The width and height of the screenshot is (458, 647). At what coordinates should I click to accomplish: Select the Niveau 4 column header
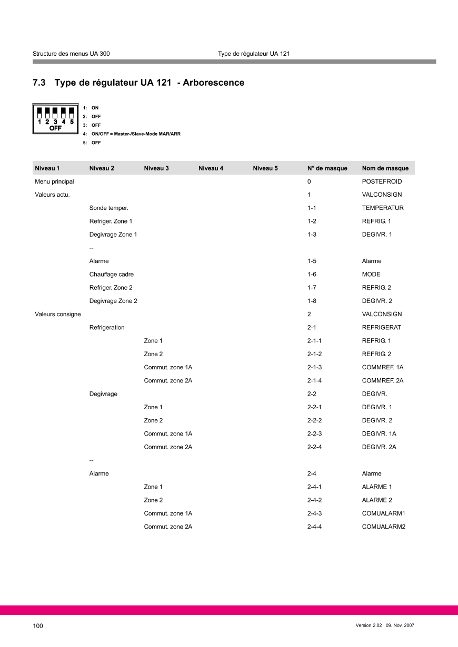click(211, 168)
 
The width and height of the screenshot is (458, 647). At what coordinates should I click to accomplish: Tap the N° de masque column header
click(327, 168)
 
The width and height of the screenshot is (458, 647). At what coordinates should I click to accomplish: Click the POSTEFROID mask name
click(382, 181)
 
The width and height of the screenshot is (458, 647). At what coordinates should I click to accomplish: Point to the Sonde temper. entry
click(109, 208)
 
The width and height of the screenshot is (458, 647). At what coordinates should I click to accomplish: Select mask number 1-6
click(312, 275)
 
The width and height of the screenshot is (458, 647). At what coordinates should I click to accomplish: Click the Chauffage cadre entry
click(112, 275)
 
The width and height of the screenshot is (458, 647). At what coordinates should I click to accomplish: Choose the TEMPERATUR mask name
click(383, 208)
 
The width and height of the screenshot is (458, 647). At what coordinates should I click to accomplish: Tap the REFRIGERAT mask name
click(382, 328)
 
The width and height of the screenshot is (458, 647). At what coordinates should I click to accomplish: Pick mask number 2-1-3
click(314, 367)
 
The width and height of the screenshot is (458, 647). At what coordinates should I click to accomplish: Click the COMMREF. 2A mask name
click(383, 380)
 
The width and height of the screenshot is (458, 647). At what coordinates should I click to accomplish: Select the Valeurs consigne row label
click(58, 314)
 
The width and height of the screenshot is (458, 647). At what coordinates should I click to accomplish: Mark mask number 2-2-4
click(314, 447)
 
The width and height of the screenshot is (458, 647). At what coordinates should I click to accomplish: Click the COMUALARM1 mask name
click(384, 513)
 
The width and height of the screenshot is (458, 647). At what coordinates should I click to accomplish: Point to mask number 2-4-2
click(314, 500)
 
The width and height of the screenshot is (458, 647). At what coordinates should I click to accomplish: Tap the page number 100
click(38, 626)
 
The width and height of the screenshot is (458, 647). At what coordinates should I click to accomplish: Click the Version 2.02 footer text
click(369, 625)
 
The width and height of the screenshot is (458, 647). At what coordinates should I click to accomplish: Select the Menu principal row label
click(54, 181)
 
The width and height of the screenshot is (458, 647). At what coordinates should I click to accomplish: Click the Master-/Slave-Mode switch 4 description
click(136, 134)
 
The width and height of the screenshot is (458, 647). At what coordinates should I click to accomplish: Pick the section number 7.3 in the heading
click(39, 83)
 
